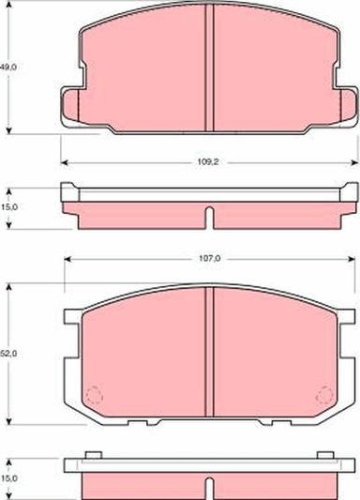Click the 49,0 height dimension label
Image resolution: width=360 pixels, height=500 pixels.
coord(7,68)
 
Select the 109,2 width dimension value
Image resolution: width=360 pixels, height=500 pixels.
coord(207,161)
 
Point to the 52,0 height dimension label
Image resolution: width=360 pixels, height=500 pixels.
coord(7,353)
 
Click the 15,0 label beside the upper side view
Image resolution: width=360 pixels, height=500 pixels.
coord(7,206)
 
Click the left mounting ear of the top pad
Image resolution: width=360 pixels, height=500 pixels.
coord(71,106)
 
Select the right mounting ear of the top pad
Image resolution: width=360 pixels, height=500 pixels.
coord(345,106)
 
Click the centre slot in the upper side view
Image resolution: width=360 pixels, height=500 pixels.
coord(208,217)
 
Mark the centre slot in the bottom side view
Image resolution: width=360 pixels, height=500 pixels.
coord(208,487)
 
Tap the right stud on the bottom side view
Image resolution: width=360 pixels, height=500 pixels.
coord(325,456)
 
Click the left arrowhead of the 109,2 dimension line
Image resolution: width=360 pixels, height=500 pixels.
coord(64,161)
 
